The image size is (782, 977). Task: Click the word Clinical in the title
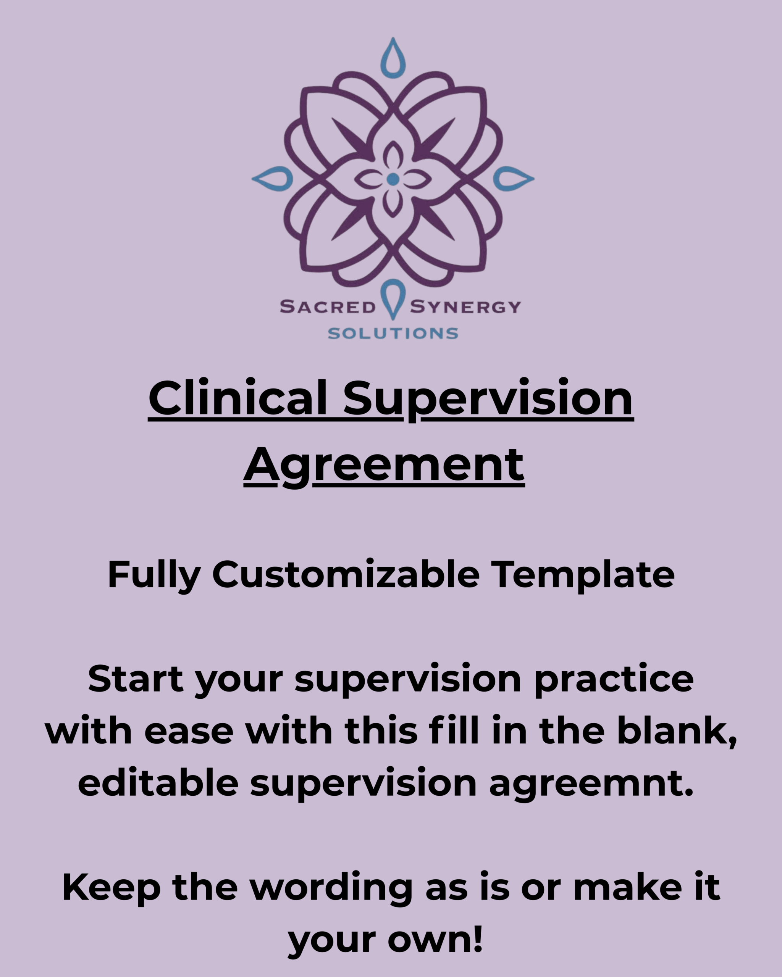pyautogui.click(x=238, y=397)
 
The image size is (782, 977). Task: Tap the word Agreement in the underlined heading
pyautogui.click(x=384, y=465)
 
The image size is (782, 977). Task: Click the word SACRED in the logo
pyautogui.click(x=328, y=307)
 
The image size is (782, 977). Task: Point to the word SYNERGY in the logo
pyautogui.click(x=465, y=307)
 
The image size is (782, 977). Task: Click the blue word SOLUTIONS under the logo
pyautogui.click(x=393, y=334)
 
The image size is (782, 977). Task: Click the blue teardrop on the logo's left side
pyautogui.click(x=273, y=179)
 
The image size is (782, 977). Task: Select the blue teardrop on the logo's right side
pyautogui.click(x=513, y=179)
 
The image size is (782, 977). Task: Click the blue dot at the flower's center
pyautogui.click(x=393, y=179)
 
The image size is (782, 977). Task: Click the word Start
pyautogui.click(x=136, y=679)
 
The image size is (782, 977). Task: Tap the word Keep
pyautogui.click(x=111, y=887)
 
